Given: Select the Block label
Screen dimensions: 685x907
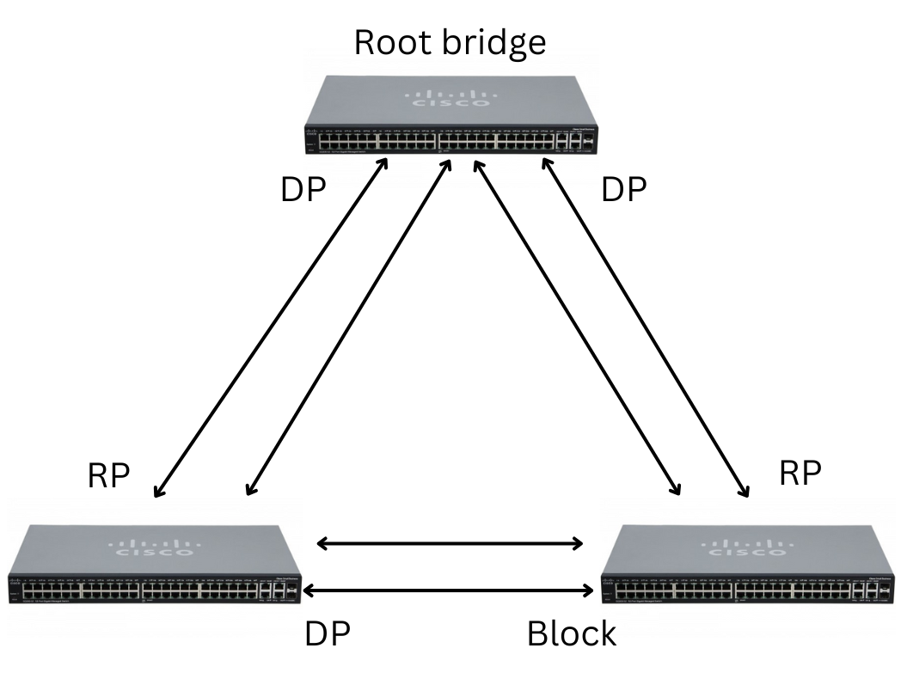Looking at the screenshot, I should coord(571,634).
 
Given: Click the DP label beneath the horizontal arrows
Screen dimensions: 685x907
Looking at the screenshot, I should coord(328,634).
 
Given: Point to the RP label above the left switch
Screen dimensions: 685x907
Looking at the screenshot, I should coord(109,477).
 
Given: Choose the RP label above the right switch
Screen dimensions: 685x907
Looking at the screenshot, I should coord(799,473).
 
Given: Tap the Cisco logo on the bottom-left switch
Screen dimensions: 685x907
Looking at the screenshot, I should coord(155,547).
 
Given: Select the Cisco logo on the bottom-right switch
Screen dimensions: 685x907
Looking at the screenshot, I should coord(748,547).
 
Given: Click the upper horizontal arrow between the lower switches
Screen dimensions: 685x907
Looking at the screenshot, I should coord(450,543).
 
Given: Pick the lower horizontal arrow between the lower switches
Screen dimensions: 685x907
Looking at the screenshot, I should coord(450,590).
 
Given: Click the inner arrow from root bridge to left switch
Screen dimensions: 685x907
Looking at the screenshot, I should coord(349,327).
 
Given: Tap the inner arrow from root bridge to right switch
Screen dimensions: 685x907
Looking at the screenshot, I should coord(577,327).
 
